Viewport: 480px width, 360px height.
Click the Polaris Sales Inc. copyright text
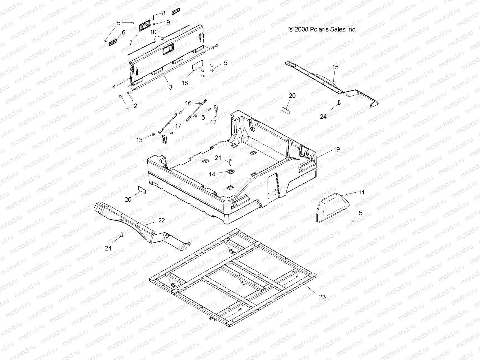point(322,29)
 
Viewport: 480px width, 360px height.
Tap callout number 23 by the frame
point(322,297)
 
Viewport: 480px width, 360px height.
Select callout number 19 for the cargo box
point(337,149)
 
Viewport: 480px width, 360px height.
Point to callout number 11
point(361,192)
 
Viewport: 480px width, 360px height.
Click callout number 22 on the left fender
point(161,220)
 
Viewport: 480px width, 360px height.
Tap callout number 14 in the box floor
point(212,174)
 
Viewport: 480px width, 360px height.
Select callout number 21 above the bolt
point(218,158)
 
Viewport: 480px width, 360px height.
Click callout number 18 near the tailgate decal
point(185,83)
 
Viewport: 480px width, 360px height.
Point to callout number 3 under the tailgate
point(170,88)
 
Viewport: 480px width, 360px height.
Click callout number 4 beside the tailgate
point(114,87)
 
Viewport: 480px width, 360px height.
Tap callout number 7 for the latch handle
point(131,43)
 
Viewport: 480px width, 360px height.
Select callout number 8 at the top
point(163,13)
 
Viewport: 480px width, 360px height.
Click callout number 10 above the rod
point(153,31)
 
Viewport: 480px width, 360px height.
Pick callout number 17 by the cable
point(178,126)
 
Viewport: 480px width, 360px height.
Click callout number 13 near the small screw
point(139,140)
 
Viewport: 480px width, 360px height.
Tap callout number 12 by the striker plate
point(213,122)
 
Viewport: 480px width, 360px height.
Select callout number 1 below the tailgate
point(127,109)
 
